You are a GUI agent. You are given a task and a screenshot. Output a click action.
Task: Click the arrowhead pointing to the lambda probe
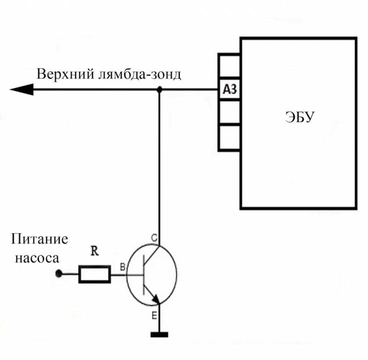(22, 90)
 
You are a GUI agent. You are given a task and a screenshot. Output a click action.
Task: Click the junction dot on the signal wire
(159, 90)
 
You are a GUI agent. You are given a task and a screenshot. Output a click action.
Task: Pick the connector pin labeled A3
(229, 90)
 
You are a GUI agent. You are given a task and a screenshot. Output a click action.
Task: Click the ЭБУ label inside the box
(299, 118)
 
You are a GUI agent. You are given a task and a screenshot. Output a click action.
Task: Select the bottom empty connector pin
(229, 137)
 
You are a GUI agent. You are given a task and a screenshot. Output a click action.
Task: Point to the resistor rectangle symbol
(95, 274)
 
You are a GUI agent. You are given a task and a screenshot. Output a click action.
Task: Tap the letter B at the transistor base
(122, 267)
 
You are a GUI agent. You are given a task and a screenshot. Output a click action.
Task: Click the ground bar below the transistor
(159, 334)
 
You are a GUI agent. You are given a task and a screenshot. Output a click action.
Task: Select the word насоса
(37, 258)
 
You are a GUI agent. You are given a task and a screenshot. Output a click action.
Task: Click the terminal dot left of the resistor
(59, 274)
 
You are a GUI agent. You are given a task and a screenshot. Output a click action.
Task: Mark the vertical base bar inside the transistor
(143, 274)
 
